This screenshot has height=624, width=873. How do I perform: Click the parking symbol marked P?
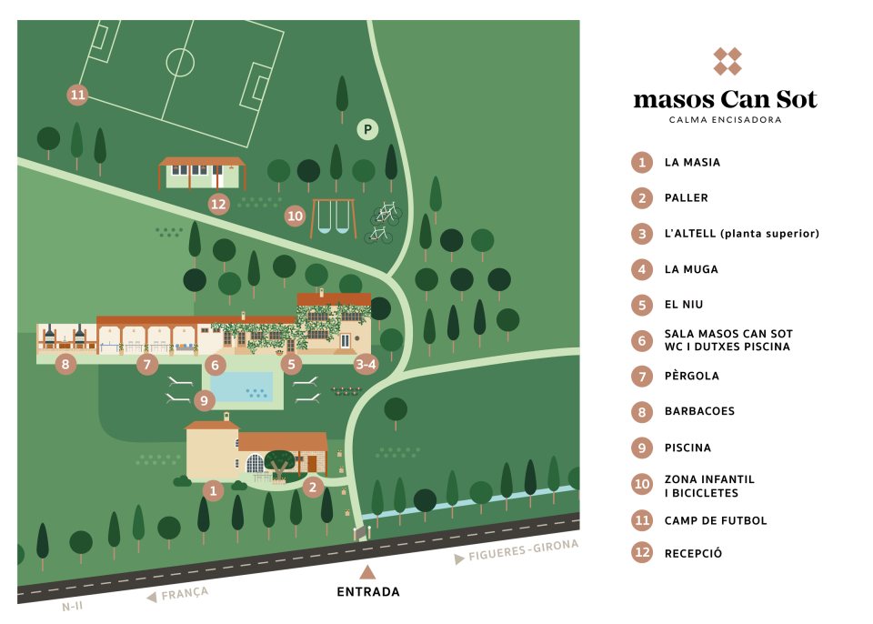click(367, 129)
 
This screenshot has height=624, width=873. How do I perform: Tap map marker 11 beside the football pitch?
click(77, 95)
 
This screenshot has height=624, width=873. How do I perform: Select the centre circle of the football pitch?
click(180, 62)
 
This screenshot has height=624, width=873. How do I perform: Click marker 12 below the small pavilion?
click(218, 204)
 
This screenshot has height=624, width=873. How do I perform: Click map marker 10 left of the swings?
click(295, 216)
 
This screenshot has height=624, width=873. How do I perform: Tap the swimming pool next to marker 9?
click(242, 386)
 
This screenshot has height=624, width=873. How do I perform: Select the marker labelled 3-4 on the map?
click(366, 364)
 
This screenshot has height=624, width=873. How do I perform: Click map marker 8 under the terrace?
click(65, 364)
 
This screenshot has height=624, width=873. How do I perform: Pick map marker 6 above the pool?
click(216, 365)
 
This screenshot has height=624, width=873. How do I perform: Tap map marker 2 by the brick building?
click(313, 487)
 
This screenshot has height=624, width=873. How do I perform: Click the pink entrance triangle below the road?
click(367, 571)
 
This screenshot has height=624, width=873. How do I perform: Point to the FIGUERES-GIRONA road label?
click(523, 550)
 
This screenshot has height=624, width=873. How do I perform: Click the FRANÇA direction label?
click(185, 593)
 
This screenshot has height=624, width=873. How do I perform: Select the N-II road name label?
click(72, 606)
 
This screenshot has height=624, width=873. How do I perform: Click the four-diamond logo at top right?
click(727, 61)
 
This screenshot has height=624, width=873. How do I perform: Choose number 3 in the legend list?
click(642, 234)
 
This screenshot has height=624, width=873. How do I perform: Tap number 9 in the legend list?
click(642, 448)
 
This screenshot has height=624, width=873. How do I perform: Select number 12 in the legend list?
click(642, 551)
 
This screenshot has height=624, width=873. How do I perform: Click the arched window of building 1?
click(256, 464)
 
